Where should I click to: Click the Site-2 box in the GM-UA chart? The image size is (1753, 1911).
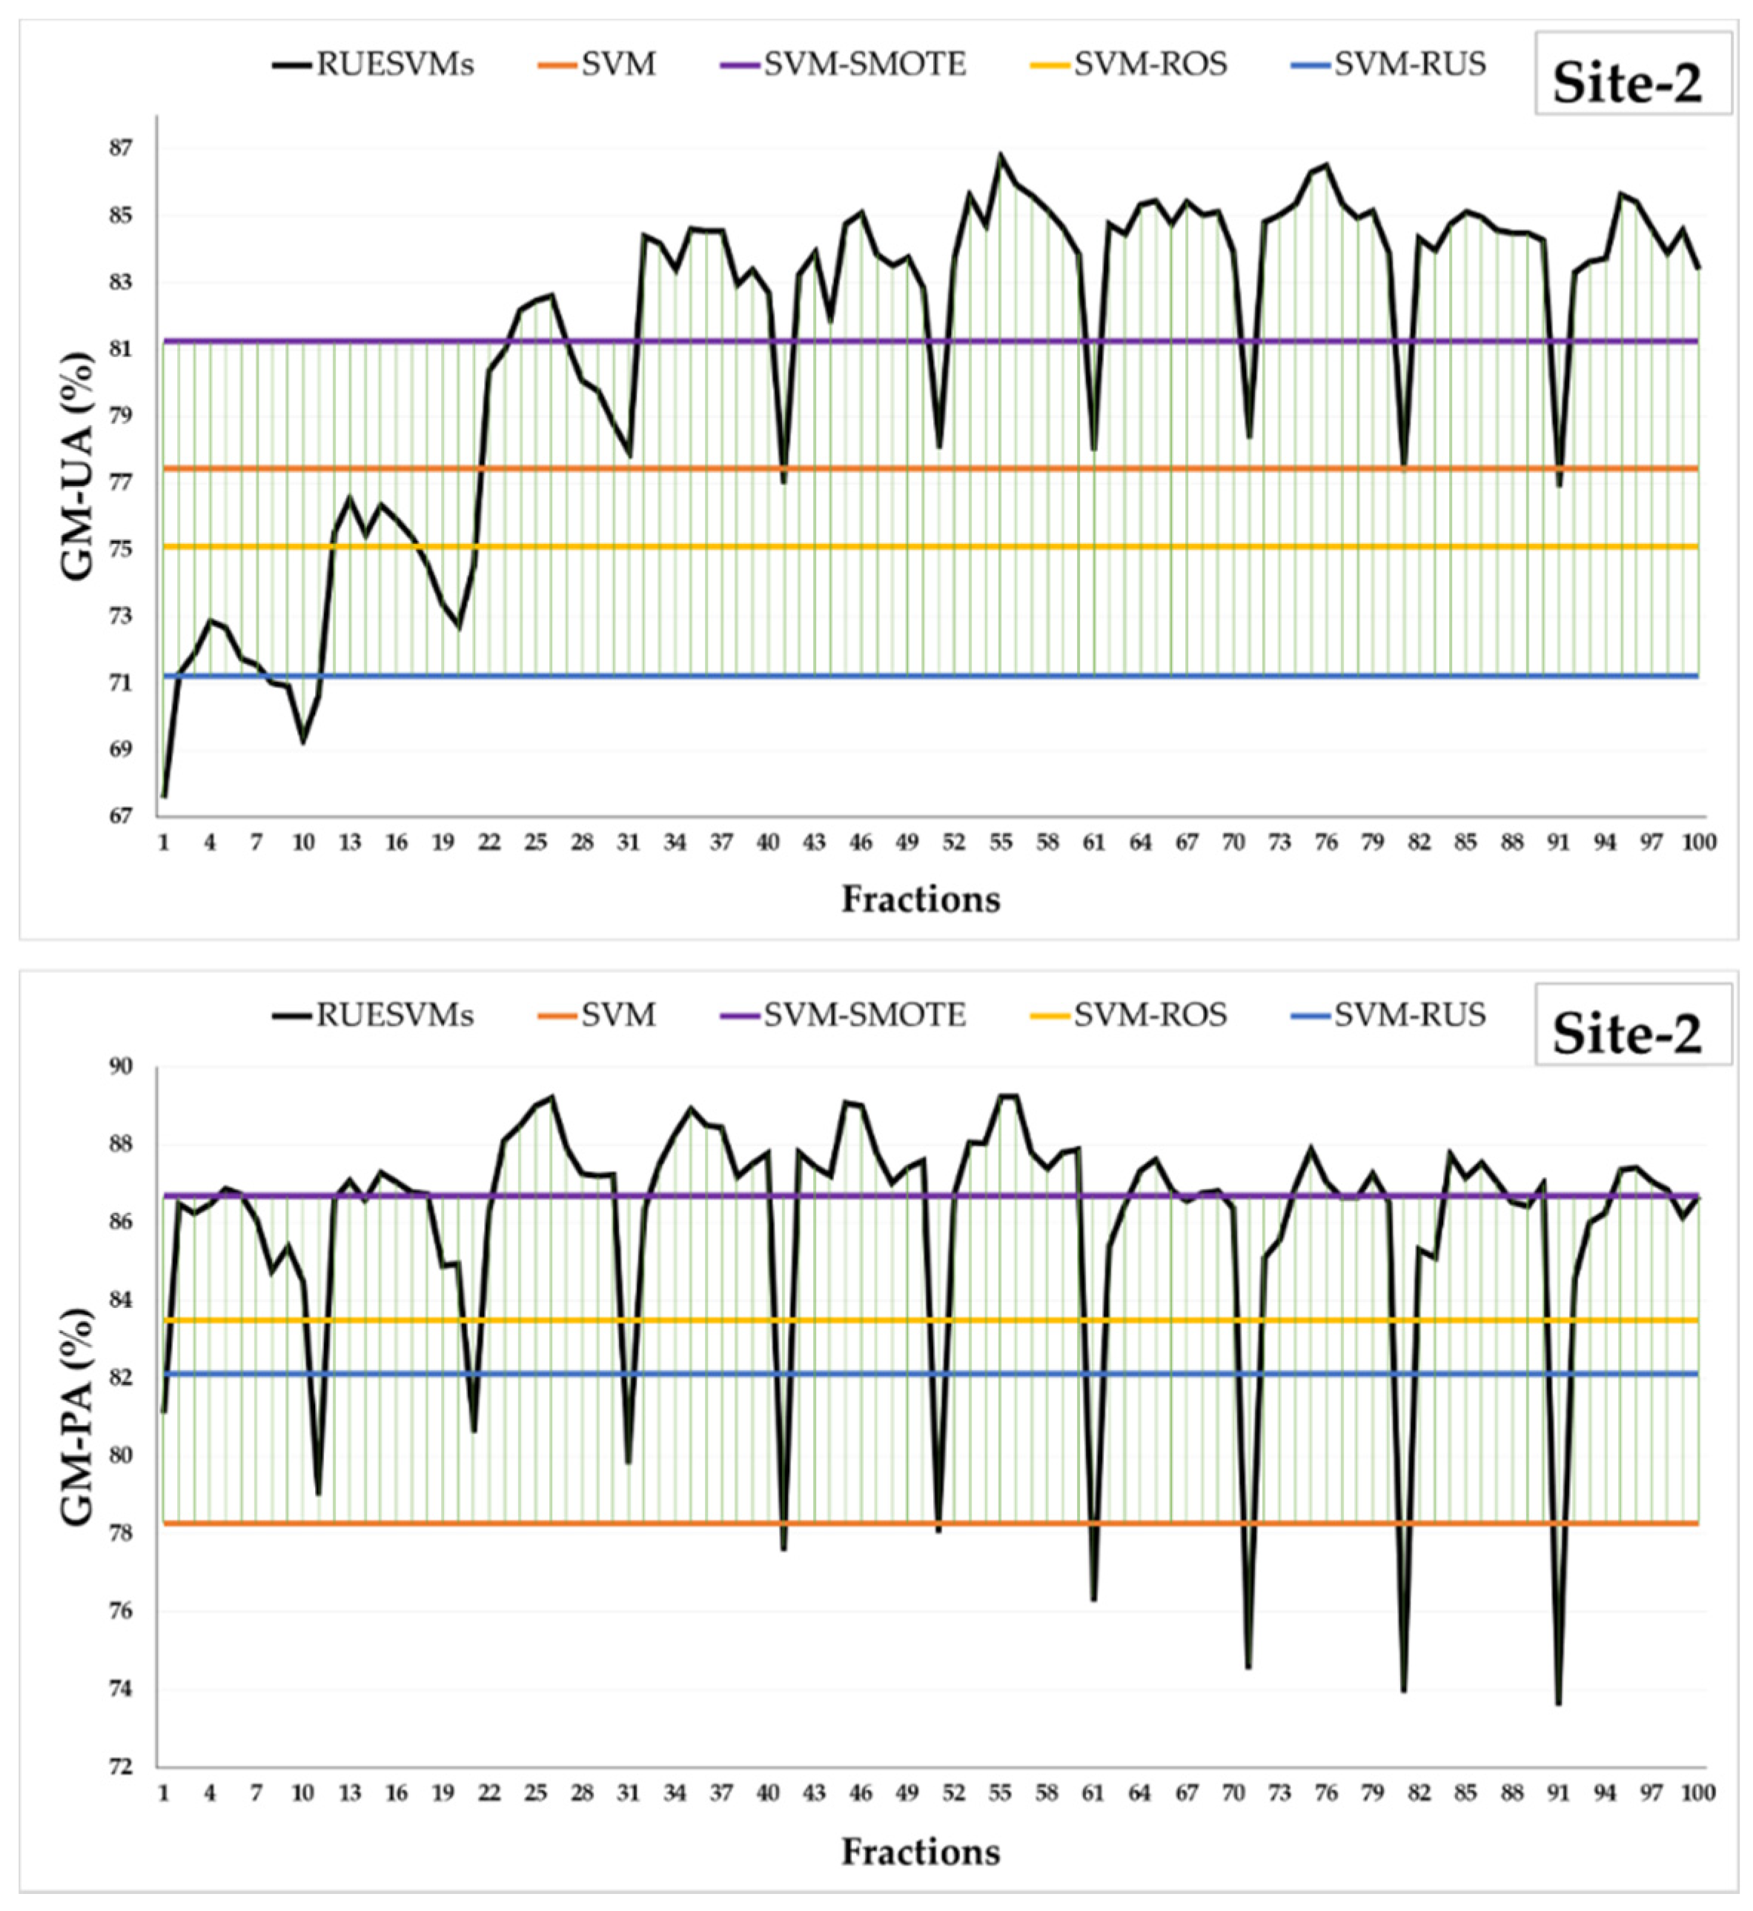pyautogui.click(x=1628, y=84)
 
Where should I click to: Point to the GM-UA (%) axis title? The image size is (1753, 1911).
pyautogui.click(x=78, y=465)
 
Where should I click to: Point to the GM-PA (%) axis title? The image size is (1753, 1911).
pyautogui.click(x=78, y=1417)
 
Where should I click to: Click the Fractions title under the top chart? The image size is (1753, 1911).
pyautogui.click(x=920, y=898)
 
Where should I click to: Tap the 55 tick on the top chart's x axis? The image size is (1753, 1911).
pyautogui.click(x=1000, y=842)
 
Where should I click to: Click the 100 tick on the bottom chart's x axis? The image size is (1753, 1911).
pyautogui.click(x=1697, y=1792)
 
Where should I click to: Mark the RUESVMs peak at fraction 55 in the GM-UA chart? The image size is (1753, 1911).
pyautogui.click(x=1000, y=155)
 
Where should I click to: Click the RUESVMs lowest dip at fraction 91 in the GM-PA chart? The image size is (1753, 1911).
pyautogui.click(x=1557, y=1704)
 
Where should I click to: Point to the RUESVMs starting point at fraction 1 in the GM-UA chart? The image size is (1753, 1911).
pyautogui.click(x=164, y=797)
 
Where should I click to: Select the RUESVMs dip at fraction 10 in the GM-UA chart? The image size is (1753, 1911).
pyautogui.click(x=302, y=742)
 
